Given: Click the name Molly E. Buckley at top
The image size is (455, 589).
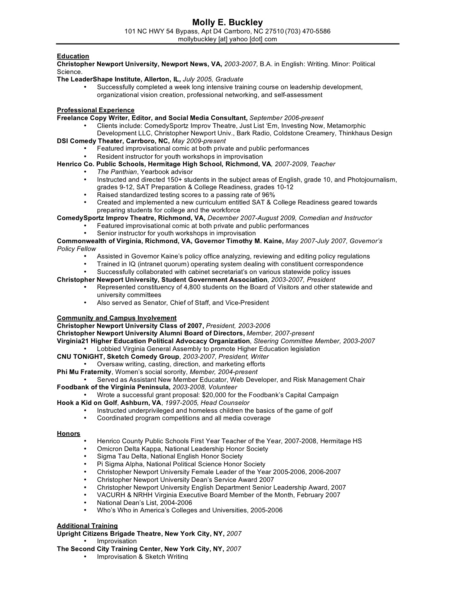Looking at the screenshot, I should (x=227, y=22).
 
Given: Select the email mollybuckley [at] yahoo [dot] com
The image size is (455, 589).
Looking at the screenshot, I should (x=227, y=39).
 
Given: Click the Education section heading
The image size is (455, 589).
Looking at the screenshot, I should (x=73, y=56).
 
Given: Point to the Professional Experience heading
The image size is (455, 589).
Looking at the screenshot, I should (x=96, y=110).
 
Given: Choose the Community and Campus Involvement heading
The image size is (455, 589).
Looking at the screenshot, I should (x=116, y=318).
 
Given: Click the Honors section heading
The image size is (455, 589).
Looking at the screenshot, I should (x=68, y=434).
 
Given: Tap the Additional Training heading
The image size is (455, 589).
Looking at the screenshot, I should (x=87, y=526).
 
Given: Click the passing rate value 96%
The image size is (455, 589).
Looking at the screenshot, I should (x=268, y=195).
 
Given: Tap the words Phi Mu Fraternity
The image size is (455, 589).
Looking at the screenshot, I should (x=84, y=372).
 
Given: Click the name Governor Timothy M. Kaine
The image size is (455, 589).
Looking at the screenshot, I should (x=239, y=241).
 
